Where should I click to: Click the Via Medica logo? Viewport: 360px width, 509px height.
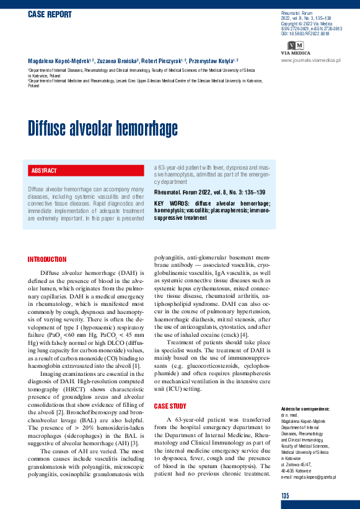point(296,47)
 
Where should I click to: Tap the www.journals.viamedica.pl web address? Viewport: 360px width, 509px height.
point(311,60)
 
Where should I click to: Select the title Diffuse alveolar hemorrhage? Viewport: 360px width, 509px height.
point(103,129)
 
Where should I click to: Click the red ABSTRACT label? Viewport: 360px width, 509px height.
point(44,170)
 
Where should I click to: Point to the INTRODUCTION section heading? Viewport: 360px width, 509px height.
point(47,259)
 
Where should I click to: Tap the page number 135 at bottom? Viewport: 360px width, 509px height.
point(285,495)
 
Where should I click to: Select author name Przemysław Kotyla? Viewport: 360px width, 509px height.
point(211,61)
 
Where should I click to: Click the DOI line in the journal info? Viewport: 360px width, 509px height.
point(305,33)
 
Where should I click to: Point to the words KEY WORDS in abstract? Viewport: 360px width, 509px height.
point(167,203)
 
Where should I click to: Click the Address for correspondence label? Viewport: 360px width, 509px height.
point(305,409)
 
